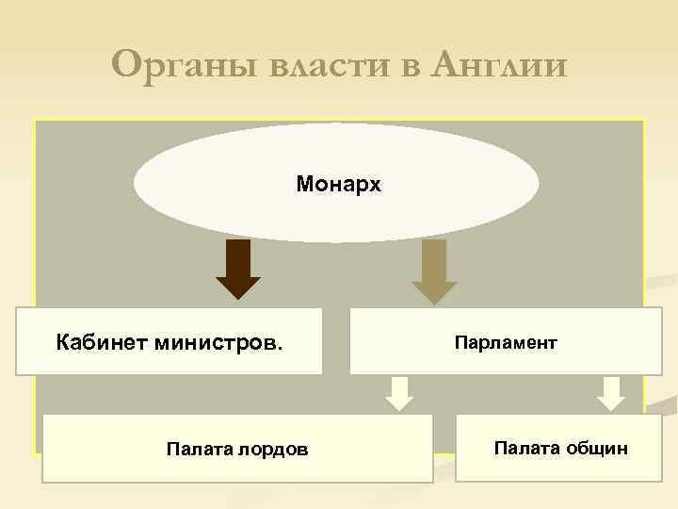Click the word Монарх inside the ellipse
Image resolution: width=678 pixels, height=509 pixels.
(338, 184)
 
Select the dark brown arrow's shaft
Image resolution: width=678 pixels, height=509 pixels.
(238, 258)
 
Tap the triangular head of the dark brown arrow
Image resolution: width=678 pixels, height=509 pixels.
(238, 288)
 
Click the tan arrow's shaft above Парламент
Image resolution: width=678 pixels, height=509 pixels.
(434, 260)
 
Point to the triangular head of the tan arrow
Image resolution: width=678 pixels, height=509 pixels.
(434, 292)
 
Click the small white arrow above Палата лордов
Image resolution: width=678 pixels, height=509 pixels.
(400, 393)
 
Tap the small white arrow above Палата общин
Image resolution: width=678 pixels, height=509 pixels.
(611, 393)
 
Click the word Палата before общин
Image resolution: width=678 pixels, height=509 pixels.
(526, 448)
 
